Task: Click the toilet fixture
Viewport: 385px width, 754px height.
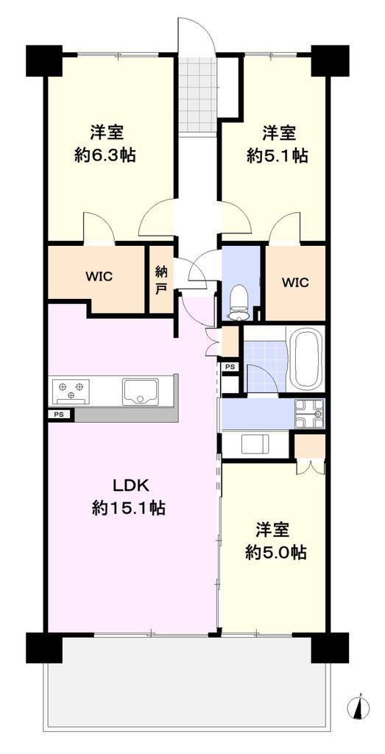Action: click(239, 302)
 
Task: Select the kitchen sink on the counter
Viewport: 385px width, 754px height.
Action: click(141, 391)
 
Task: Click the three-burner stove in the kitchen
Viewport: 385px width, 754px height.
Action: click(71, 391)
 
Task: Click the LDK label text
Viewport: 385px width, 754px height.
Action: click(128, 486)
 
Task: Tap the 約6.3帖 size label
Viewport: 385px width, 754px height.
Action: click(105, 155)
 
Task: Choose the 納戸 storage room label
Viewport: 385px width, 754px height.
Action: click(161, 280)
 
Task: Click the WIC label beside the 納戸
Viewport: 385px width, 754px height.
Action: click(99, 277)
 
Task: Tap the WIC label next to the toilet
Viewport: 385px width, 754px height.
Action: click(295, 283)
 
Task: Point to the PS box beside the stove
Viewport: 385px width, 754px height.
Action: click(59, 414)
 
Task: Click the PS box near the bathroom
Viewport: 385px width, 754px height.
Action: click(230, 367)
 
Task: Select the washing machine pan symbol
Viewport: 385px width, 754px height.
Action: click(255, 443)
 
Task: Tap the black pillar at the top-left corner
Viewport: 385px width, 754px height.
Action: click(44, 60)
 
